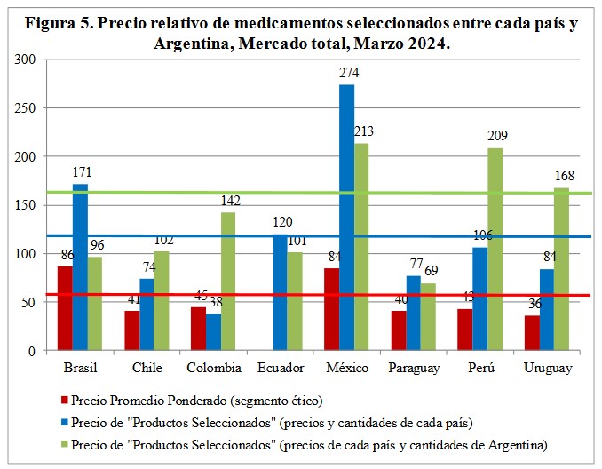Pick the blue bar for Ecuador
tap(280, 293)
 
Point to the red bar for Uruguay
tap(531, 333)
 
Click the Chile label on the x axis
tap(147, 367)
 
